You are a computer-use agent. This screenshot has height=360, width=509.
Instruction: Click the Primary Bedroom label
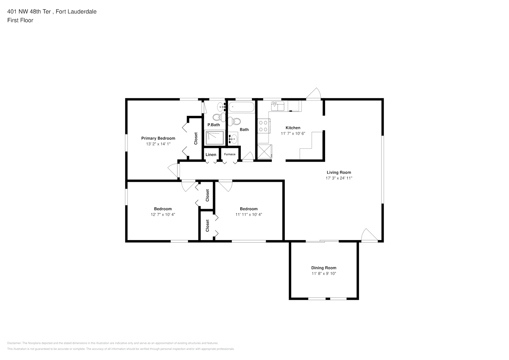[x=158, y=138]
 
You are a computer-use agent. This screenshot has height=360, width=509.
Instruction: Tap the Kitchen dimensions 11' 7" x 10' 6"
[x=293, y=134]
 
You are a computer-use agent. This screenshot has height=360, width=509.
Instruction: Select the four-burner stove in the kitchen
[x=263, y=126]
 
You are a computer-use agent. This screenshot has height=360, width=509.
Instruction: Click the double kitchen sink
[x=278, y=106]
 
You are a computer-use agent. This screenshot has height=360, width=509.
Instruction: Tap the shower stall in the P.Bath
[x=215, y=138]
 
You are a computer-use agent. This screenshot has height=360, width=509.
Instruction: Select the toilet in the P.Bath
[x=217, y=117]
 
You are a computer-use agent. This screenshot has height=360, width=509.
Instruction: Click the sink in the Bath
[x=233, y=139]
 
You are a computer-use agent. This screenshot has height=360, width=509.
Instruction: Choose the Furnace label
[x=230, y=154]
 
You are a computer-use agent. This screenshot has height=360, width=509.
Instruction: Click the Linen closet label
[x=211, y=155]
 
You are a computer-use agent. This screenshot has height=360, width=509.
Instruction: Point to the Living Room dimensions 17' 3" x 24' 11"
[x=339, y=178]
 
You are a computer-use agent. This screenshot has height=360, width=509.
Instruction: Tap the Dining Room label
[x=324, y=268]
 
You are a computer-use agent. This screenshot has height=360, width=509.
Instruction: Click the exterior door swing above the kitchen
[x=314, y=94]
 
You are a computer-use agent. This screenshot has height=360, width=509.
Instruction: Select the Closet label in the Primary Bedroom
[x=196, y=139]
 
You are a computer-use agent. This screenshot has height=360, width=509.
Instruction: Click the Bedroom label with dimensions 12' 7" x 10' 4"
[x=163, y=209]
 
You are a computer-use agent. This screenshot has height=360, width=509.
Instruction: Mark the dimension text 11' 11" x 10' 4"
[x=249, y=215]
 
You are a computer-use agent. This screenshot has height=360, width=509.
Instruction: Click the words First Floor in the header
[x=20, y=20]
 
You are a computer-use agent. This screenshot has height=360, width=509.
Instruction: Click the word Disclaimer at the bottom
[x=14, y=343]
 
